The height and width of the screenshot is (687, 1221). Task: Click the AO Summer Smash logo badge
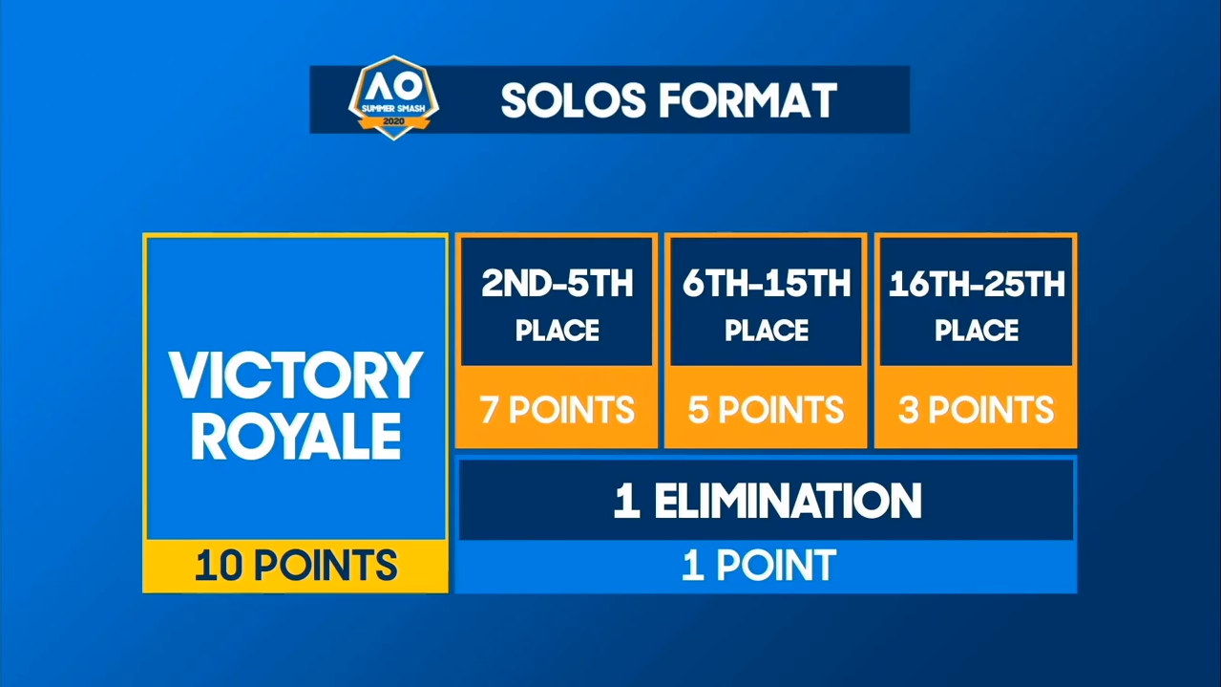point(393,98)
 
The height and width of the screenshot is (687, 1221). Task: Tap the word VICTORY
point(296,376)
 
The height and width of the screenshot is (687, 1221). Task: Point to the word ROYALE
point(296,436)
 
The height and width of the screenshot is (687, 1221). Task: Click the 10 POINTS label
point(296,566)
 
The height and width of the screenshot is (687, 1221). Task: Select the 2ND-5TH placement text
point(558,284)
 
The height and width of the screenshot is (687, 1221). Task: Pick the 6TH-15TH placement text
point(767,284)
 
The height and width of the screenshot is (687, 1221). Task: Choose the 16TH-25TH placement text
point(977,284)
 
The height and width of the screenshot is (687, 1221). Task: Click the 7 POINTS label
point(558,410)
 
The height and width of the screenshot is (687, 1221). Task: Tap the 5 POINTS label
point(767,410)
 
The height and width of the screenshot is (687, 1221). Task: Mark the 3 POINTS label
point(977,410)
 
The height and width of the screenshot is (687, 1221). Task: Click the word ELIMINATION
point(789,501)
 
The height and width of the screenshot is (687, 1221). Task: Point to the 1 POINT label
point(759,565)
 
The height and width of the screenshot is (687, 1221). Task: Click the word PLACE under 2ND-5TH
point(558,331)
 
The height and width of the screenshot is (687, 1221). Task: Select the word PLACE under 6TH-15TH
point(767,331)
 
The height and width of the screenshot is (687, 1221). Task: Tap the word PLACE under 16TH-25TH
point(977,331)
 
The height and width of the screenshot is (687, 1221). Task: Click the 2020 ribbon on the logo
point(393,121)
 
